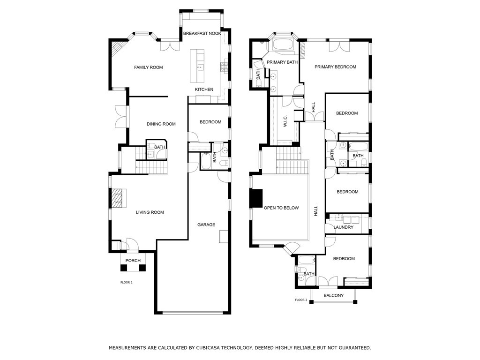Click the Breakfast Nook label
tap(202, 33)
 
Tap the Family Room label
tap(149, 67)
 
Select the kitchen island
tap(197, 66)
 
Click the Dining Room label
tap(161, 124)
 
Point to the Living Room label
tap(150, 212)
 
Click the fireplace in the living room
tap(119, 198)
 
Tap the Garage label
tap(206, 225)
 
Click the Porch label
tap(133, 261)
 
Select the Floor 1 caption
tap(127, 283)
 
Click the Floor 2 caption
tap(301, 300)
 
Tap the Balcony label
tap(334, 295)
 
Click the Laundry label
tap(344, 227)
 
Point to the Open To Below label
tap(281, 208)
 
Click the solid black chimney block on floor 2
tap(256, 198)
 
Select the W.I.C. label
tap(285, 121)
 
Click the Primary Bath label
tap(282, 62)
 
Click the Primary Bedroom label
tap(336, 67)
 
